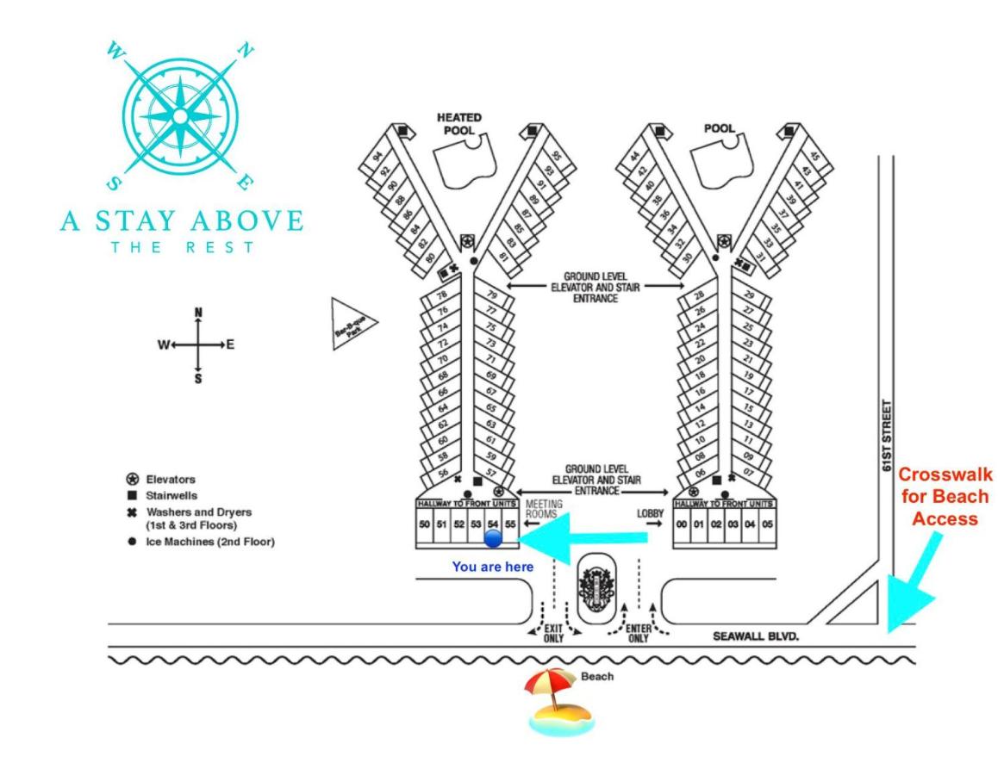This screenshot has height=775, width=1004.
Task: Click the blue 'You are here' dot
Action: (492, 539)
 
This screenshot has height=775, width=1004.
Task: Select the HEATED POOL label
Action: (458, 123)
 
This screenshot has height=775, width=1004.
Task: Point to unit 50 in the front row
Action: (424, 524)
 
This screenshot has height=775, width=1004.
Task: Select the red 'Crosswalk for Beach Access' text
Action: (946, 497)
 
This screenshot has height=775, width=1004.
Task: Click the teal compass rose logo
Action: (180, 115)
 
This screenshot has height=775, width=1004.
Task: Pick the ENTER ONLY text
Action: (638, 633)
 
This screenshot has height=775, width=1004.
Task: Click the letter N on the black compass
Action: (198, 312)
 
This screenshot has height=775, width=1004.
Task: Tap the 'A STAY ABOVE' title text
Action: (182, 220)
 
